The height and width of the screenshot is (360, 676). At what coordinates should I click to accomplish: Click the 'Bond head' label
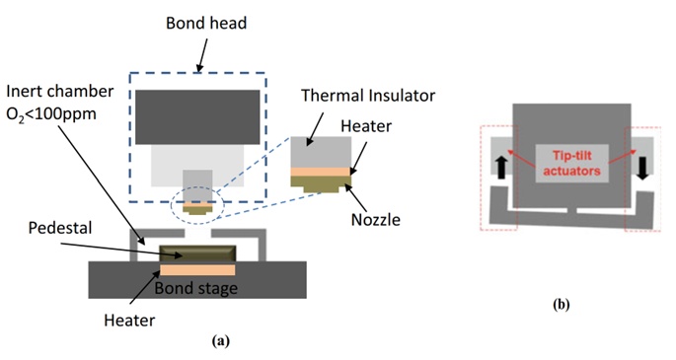pyautogui.click(x=206, y=23)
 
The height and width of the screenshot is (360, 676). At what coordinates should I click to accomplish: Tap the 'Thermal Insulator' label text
pyautogui.click(x=368, y=95)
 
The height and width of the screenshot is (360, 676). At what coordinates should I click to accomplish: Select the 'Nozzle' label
pyautogui.click(x=376, y=220)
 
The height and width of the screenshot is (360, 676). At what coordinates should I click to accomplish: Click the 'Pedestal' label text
pyautogui.click(x=60, y=228)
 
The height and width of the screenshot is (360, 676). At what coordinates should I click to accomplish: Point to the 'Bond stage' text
pyautogui.click(x=195, y=288)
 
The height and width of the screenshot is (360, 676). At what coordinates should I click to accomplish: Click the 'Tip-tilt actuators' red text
pyautogui.click(x=571, y=163)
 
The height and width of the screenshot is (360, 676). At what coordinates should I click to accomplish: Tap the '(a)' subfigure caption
pyautogui.click(x=221, y=341)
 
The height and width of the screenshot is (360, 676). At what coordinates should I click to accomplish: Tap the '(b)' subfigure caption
pyautogui.click(x=561, y=305)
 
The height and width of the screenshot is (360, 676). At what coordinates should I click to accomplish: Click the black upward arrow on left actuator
pyautogui.click(x=500, y=168)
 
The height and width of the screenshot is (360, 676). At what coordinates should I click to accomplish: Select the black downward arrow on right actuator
pyautogui.click(x=642, y=168)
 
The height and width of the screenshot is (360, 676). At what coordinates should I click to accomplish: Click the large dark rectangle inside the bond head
pyautogui.click(x=197, y=117)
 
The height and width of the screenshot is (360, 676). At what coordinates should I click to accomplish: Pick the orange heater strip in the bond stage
pyautogui.click(x=197, y=270)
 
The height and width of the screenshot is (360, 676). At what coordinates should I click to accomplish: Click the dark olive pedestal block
pyautogui.click(x=197, y=253)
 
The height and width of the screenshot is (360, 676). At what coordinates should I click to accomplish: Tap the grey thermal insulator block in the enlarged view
pyautogui.click(x=321, y=152)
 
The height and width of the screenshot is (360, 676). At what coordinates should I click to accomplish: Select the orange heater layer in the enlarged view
pyautogui.click(x=321, y=172)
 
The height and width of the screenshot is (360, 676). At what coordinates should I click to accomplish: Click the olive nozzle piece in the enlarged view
pyautogui.click(x=321, y=183)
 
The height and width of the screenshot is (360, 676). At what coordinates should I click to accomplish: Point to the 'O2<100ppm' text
pyautogui.click(x=51, y=114)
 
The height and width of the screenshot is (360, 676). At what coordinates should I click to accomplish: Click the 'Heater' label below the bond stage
pyautogui.click(x=129, y=321)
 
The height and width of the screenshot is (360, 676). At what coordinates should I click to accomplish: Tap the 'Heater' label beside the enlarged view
pyautogui.click(x=366, y=126)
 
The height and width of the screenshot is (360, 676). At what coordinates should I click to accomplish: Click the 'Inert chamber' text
pyautogui.click(x=60, y=92)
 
